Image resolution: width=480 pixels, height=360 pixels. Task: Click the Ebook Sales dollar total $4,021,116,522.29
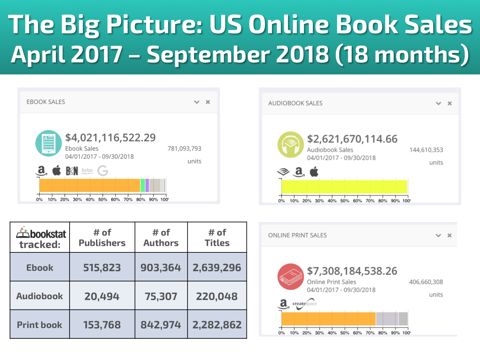(x=110, y=138)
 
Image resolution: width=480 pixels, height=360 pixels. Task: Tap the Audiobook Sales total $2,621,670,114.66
(x=352, y=139)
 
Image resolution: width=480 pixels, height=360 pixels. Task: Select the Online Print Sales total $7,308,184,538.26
(x=352, y=271)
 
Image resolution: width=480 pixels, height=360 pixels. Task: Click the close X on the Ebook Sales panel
(x=208, y=102)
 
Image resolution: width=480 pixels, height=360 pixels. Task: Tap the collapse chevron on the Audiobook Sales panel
(x=438, y=103)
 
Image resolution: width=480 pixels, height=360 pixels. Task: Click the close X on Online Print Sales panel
(x=450, y=235)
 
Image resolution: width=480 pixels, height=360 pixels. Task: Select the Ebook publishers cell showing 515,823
(x=102, y=268)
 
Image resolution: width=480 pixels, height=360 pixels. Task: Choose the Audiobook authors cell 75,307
(x=161, y=296)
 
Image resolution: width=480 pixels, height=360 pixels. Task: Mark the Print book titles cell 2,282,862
(x=217, y=324)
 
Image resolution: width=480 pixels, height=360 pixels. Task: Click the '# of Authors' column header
(x=161, y=238)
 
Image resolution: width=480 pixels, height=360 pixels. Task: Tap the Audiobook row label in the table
(x=40, y=296)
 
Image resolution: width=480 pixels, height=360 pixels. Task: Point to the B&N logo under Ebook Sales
(x=72, y=171)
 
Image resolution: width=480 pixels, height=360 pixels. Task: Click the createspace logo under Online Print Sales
(x=304, y=303)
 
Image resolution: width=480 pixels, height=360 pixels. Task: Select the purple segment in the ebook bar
(x=147, y=186)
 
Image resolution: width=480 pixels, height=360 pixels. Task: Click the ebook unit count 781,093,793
(x=184, y=148)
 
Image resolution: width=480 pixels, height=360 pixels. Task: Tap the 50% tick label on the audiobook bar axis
(x=344, y=200)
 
